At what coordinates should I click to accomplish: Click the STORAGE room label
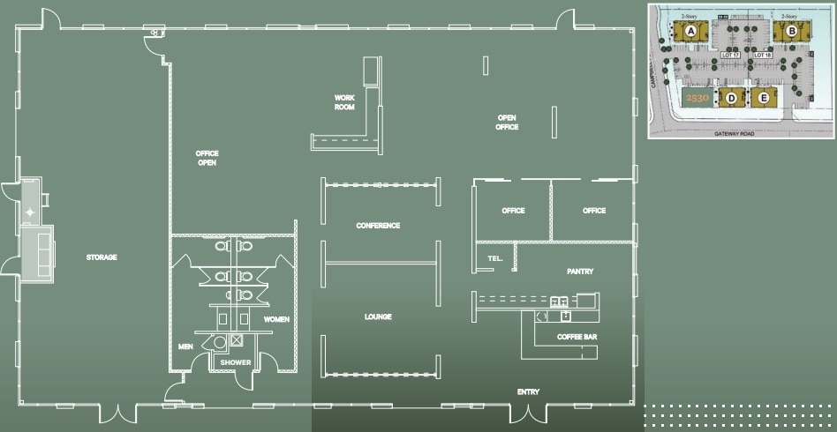point(102,257)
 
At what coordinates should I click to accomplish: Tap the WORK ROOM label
point(344,102)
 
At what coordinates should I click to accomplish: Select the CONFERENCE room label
point(378,226)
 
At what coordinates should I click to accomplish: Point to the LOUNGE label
point(378,317)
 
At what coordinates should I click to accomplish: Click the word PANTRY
point(580,272)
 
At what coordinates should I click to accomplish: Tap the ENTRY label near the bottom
point(529,391)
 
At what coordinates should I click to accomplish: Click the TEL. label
point(494,258)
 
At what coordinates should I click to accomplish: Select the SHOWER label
point(236,362)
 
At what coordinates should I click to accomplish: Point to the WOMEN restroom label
point(276,319)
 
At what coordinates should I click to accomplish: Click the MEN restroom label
point(185,346)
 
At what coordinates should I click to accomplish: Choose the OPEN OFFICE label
point(507,123)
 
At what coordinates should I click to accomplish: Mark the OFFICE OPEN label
point(207,158)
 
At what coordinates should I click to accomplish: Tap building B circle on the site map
point(792,32)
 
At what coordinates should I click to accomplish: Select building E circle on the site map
point(764,97)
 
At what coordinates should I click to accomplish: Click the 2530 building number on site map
point(697,97)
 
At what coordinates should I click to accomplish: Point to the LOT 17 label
point(730,55)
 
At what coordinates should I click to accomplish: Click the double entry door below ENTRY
point(529,412)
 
